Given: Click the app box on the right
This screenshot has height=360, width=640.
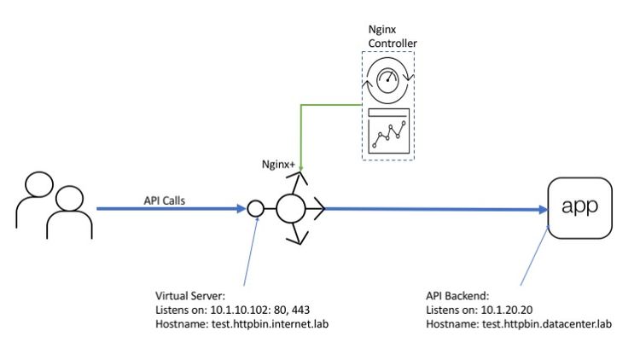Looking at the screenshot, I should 582,206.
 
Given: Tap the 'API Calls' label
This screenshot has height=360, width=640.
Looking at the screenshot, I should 166,198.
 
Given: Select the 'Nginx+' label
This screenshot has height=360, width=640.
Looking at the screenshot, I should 278,161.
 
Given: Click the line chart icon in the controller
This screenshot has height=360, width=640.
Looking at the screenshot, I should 388,133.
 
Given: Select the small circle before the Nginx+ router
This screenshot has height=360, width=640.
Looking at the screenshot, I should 254,207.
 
